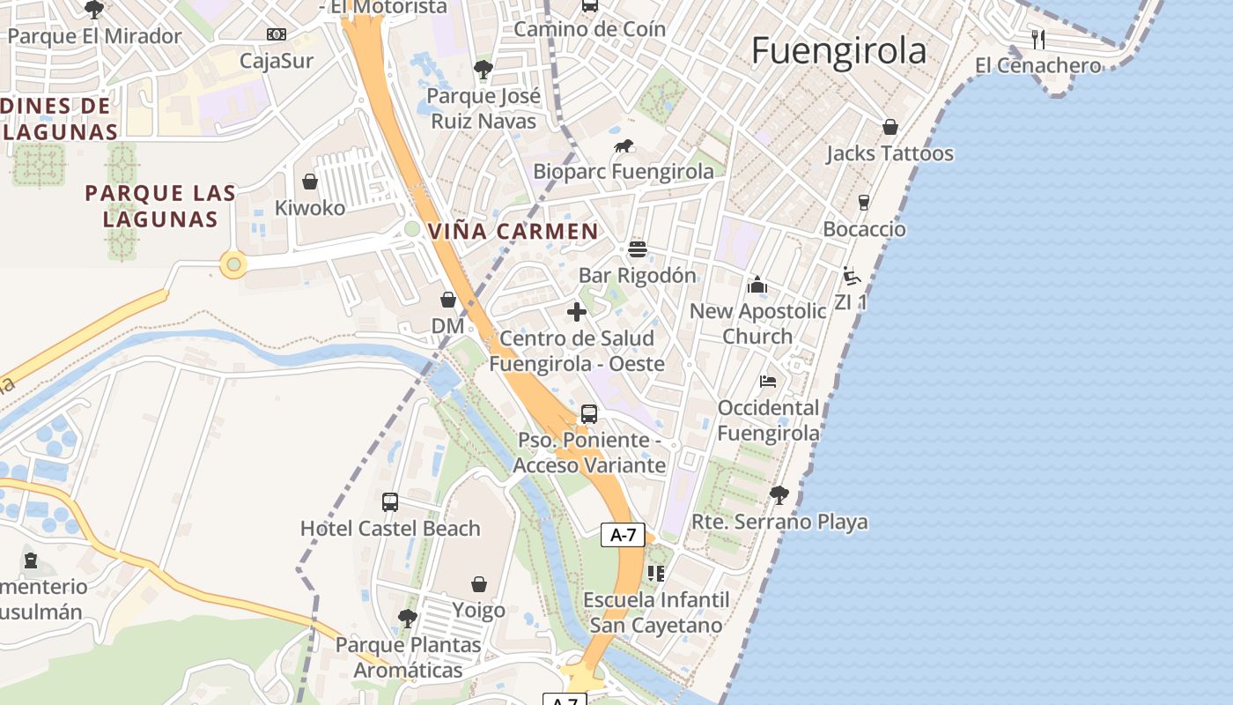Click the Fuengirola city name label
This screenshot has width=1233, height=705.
click(838, 51)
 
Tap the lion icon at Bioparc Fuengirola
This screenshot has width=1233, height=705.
click(624, 145)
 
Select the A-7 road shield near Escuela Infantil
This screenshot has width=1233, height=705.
click(624, 534)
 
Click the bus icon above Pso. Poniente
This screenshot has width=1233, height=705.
click(589, 413)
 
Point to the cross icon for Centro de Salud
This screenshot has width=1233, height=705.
click(577, 312)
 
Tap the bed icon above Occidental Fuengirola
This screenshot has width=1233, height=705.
click(768, 382)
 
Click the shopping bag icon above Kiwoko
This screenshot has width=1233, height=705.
click(310, 182)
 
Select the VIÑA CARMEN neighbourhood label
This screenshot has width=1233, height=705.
click(513, 232)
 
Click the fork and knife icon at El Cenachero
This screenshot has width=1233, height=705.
click(1038, 39)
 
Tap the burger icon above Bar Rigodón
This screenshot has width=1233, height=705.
click(638, 249)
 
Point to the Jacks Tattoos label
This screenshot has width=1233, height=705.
click(890, 153)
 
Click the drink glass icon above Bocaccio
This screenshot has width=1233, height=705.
click(863, 203)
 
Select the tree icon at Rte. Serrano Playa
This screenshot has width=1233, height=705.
click(779, 494)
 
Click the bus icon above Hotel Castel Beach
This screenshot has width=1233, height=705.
click(390, 502)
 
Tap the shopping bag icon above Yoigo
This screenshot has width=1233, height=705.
click(479, 584)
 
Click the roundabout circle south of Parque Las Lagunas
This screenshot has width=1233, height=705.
click(233, 263)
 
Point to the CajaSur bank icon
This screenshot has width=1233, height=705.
click(277, 34)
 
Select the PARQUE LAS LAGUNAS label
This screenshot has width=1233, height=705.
click(160, 205)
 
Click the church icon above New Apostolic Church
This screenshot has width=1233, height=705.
click(757, 285)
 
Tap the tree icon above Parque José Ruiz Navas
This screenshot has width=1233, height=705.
click(483, 69)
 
